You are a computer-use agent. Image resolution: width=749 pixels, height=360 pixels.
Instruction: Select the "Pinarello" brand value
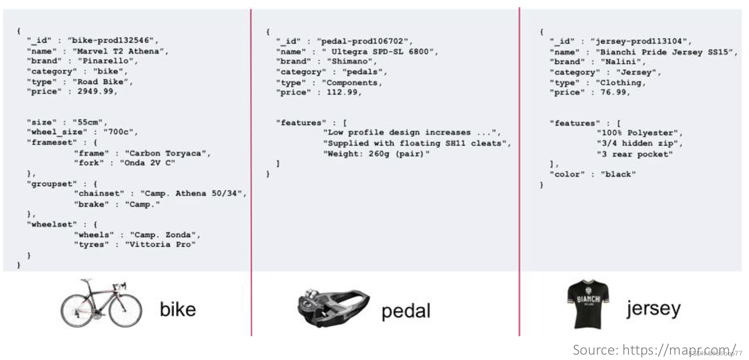click(108, 61)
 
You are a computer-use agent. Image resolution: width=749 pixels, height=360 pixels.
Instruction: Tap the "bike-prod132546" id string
click(112, 40)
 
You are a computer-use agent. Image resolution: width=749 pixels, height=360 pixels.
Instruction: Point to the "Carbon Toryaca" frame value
click(166, 153)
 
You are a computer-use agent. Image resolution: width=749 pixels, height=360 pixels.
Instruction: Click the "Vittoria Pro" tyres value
click(160, 244)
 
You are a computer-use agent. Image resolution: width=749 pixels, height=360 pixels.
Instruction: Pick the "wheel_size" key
click(57, 132)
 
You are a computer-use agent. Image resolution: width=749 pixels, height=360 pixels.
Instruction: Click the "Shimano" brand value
click(351, 61)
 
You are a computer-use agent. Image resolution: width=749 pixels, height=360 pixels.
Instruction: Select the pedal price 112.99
click(342, 92)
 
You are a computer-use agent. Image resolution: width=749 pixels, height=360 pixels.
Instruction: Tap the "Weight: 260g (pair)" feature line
click(376, 154)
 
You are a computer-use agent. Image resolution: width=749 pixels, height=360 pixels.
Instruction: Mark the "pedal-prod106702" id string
click(363, 42)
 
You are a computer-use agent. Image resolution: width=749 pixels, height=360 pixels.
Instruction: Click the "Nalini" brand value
click(621, 62)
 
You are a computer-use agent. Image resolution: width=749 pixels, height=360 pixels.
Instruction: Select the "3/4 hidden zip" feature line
click(638, 143)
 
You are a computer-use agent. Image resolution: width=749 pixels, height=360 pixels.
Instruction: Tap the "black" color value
click(618, 174)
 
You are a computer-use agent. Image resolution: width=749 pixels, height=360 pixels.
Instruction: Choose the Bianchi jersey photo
click(589, 305)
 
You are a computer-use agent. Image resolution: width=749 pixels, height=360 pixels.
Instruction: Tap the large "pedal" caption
click(406, 311)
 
